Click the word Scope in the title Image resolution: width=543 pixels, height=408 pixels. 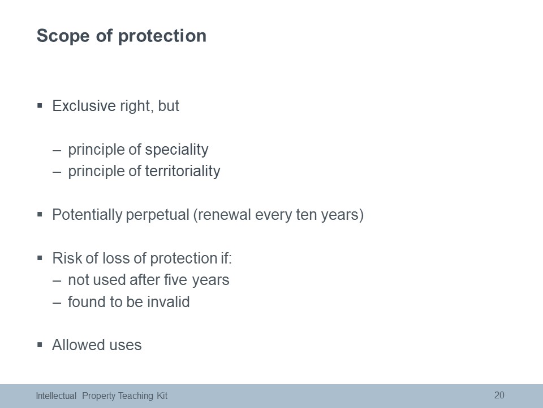[x=63, y=36]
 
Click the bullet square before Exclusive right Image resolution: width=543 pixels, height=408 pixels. [x=40, y=105]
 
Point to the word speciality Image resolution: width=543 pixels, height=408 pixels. [x=176, y=150]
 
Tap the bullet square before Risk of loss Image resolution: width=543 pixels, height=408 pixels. [x=40, y=258]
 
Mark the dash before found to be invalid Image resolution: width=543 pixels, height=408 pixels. [x=57, y=303]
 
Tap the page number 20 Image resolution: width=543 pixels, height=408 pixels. [x=499, y=395]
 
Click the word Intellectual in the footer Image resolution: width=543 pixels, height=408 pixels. [x=56, y=396]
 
